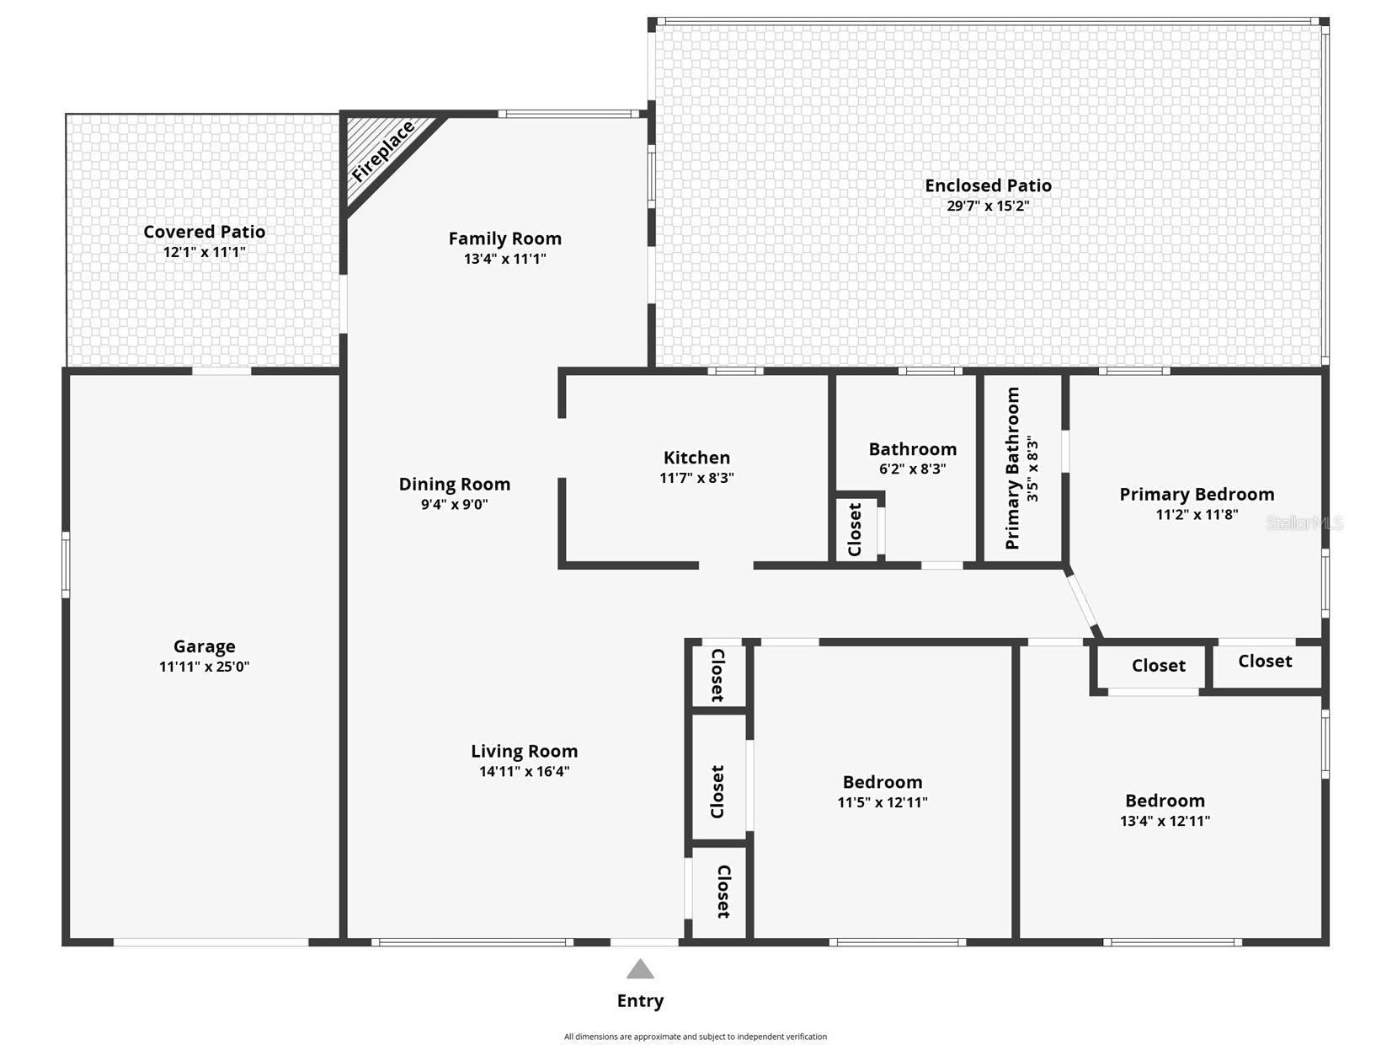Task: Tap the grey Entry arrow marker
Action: [x=640, y=969]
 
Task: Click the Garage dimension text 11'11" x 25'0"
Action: [x=204, y=667]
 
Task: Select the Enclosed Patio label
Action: [x=988, y=185]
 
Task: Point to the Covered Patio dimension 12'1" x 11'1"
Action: [x=204, y=252]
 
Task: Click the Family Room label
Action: [x=504, y=238]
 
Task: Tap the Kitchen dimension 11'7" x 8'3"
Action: [x=696, y=478]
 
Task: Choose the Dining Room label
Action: [x=454, y=485]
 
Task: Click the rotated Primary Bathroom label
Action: [x=1013, y=469]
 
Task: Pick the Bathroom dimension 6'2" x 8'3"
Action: [x=912, y=469]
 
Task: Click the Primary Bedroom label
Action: [x=1197, y=495]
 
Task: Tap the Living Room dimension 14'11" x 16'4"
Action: [x=524, y=772]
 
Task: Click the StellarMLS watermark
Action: [x=1304, y=522]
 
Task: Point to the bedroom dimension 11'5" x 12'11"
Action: [x=883, y=802]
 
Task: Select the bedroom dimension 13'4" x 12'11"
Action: [x=1165, y=820]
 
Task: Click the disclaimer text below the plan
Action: [x=696, y=1037]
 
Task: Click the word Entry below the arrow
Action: [x=640, y=1001]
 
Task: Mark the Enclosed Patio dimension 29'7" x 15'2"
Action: [x=988, y=206]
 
